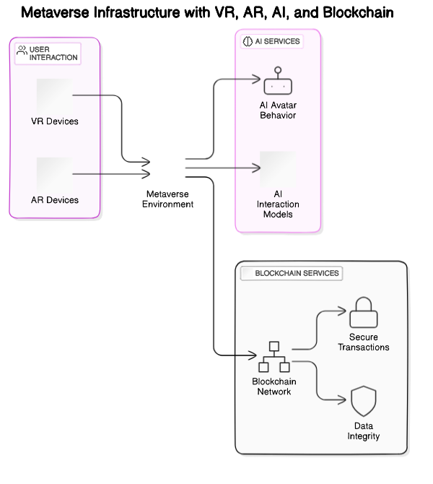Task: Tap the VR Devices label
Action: click(55, 121)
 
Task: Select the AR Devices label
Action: click(55, 199)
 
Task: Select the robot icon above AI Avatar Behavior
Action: click(278, 81)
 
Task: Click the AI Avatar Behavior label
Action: click(278, 110)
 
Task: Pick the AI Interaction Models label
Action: click(278, 204)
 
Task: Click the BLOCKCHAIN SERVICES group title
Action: click(297, 274)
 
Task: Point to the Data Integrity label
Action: click(362, 431)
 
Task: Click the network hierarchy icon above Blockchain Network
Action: click(274, 356)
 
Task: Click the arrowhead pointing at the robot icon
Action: click(256, 78)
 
